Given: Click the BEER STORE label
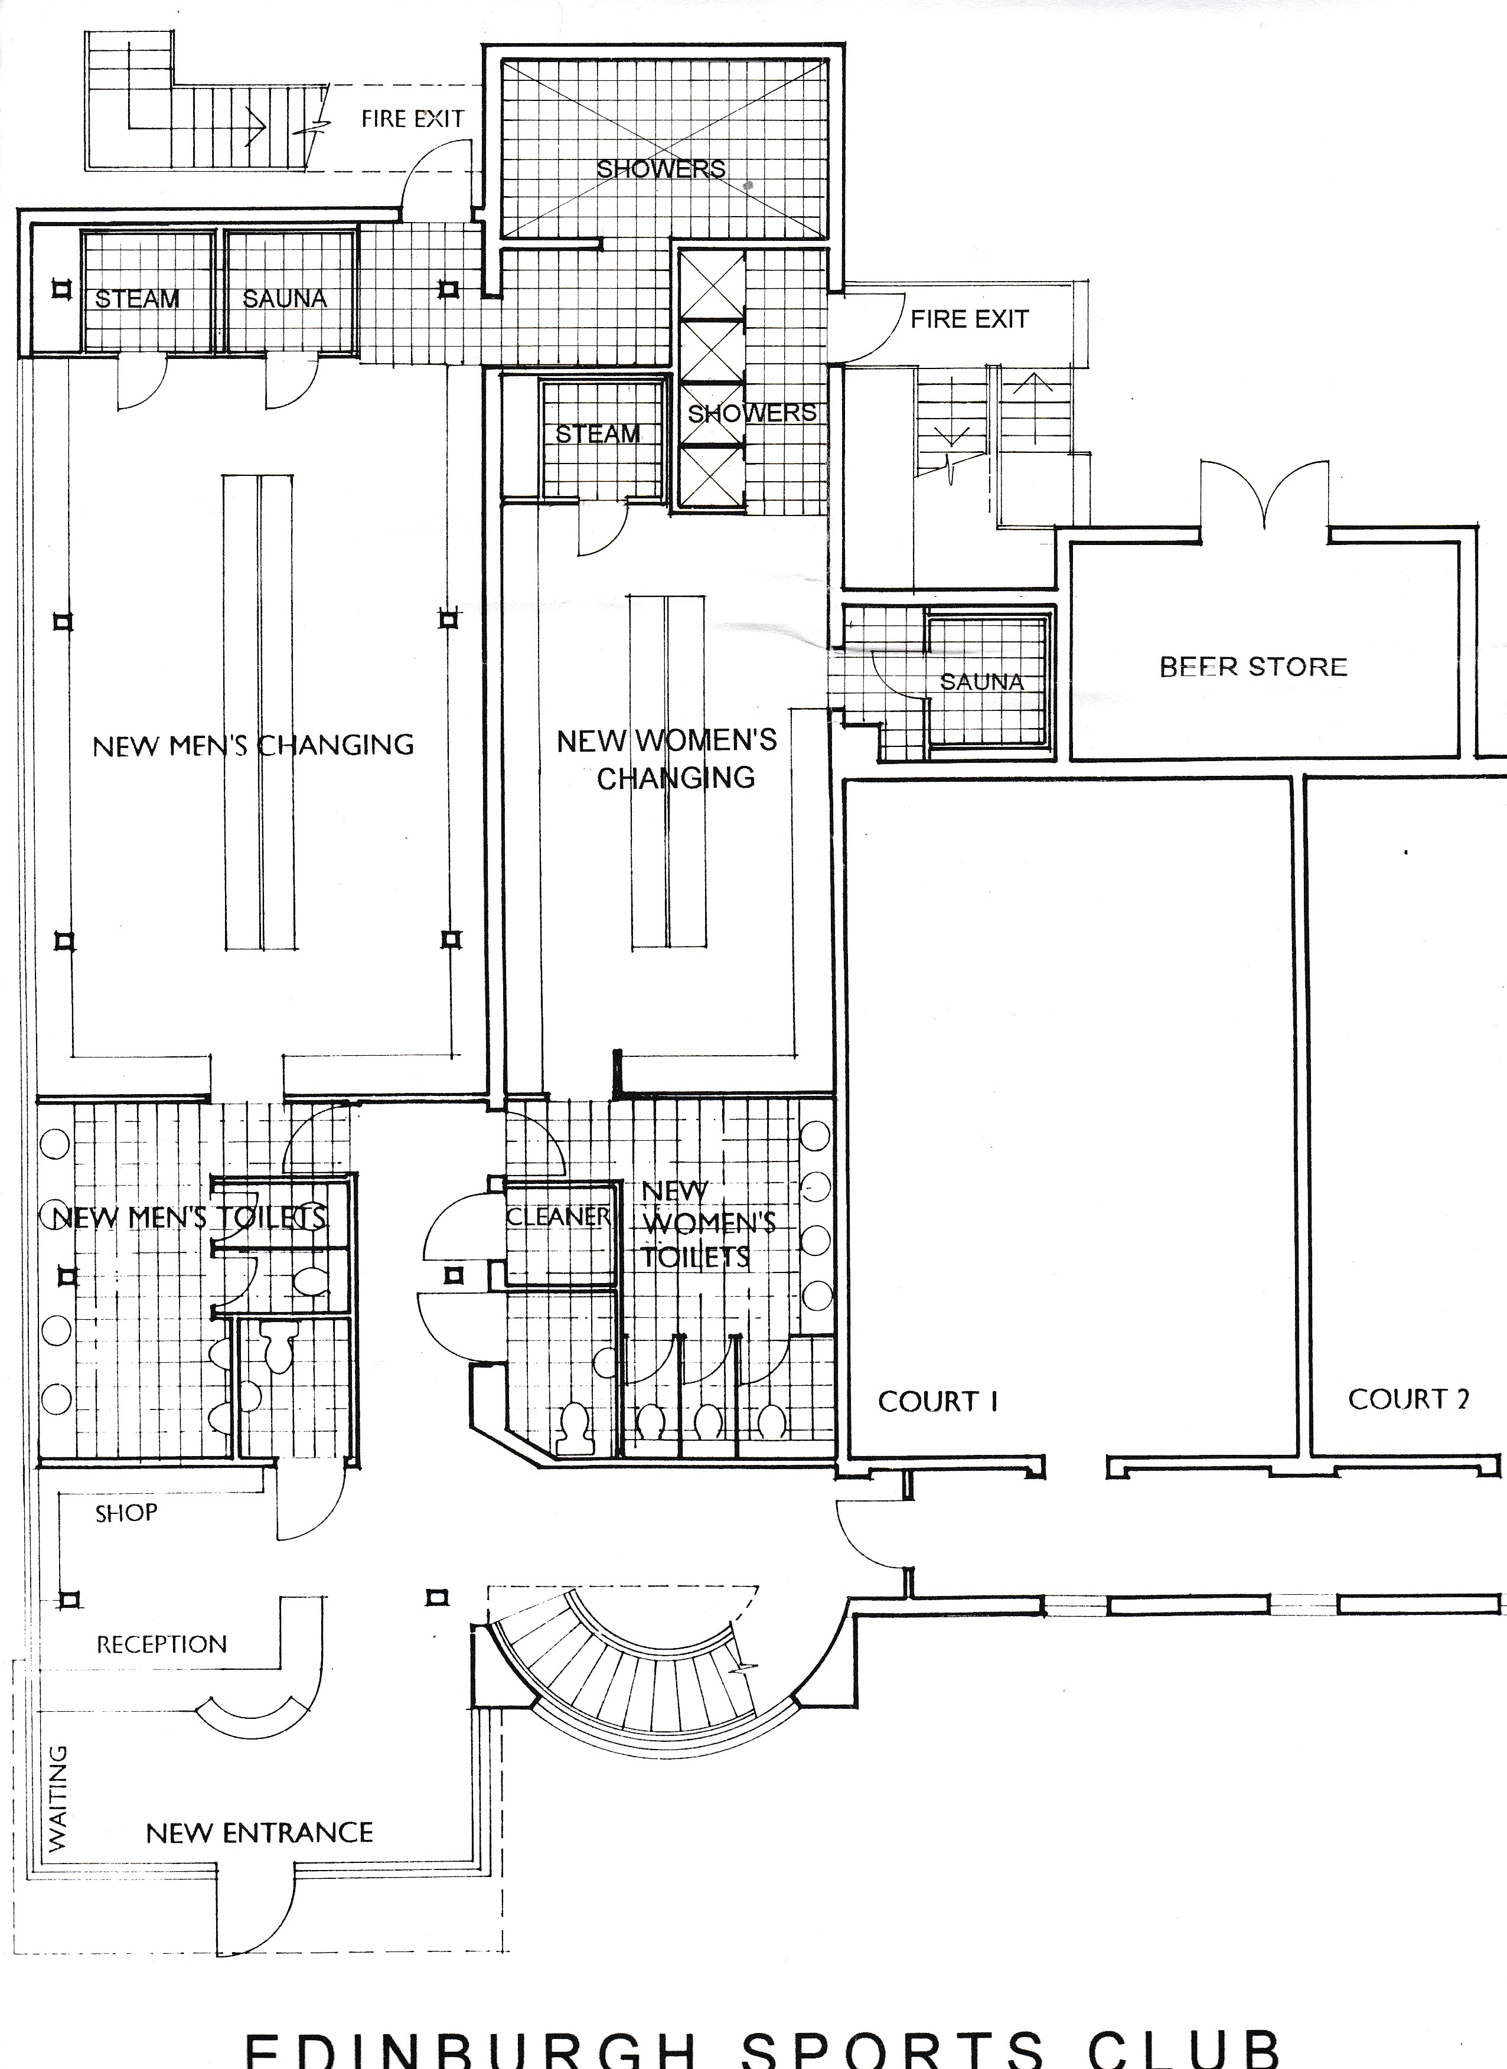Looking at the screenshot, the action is click(1254, 667).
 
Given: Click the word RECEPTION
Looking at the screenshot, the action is click(161, 1644).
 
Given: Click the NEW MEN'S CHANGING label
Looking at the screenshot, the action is click(253, 745).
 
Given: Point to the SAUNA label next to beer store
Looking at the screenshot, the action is click(981, 681).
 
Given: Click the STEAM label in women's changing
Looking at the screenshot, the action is click(598, 434).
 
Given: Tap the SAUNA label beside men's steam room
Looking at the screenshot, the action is click(285, 298).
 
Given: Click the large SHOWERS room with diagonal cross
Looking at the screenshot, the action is click(661, 151).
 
